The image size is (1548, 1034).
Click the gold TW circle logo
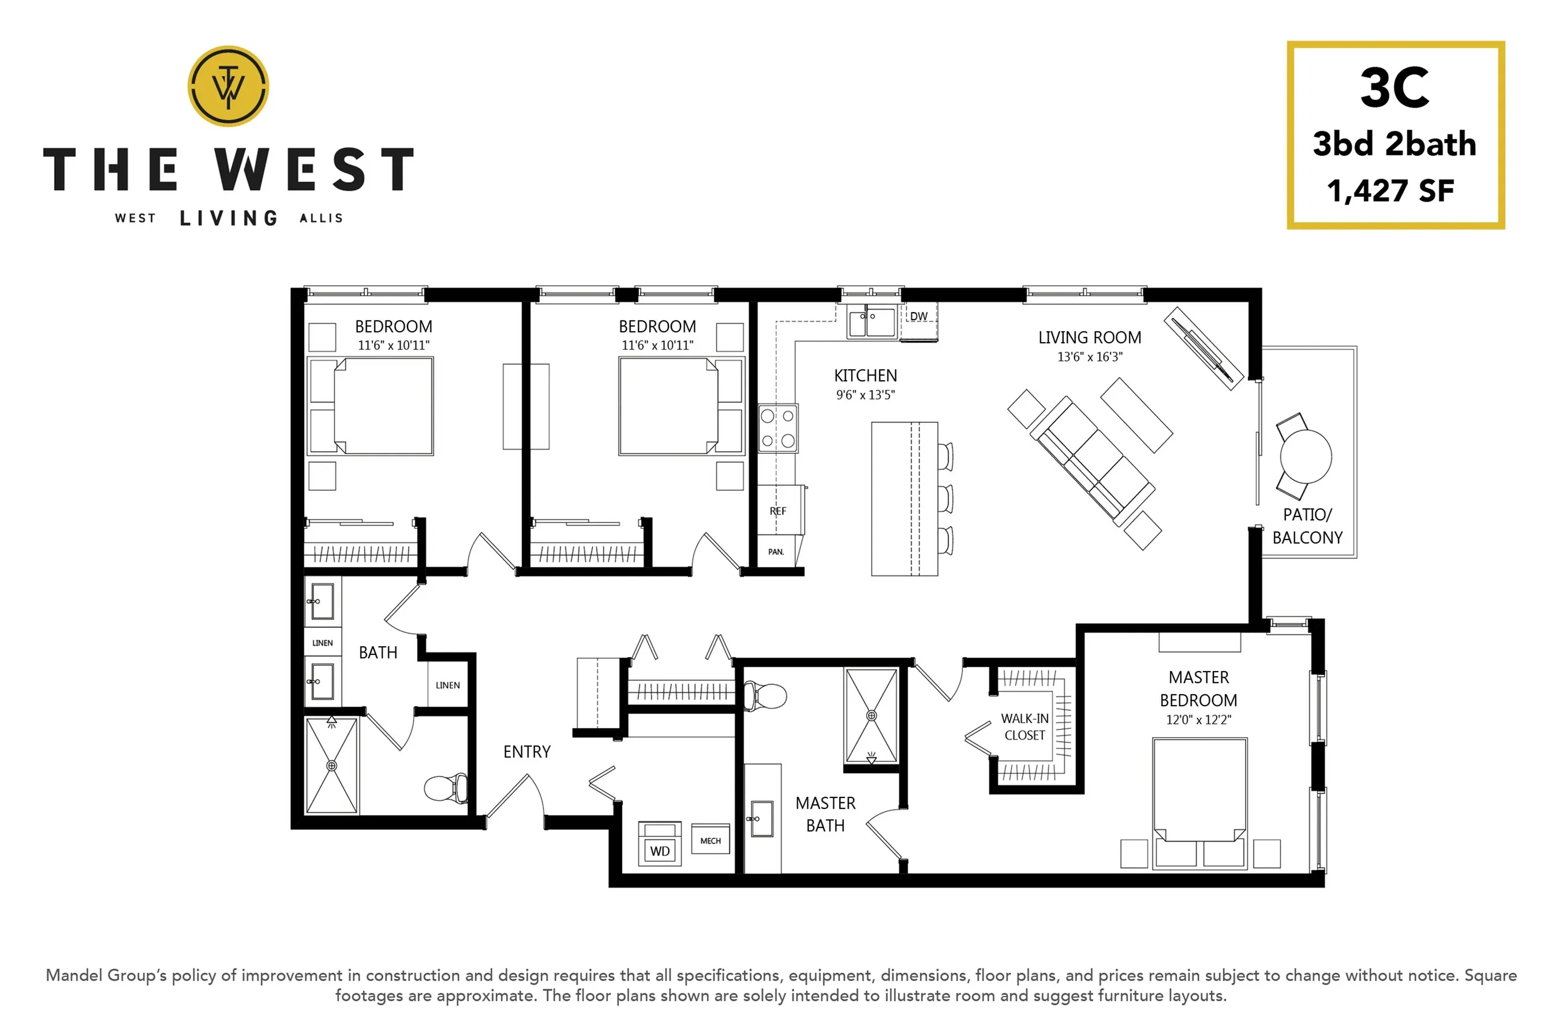pos(228,86)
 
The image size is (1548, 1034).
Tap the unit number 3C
pos(1394,88)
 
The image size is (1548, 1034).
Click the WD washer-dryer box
pos(660,844)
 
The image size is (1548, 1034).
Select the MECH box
pos(711,839)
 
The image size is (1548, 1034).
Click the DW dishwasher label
pos(919,317)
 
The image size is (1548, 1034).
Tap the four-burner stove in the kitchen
pos(777,428)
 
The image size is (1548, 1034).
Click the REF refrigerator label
pos(777,511)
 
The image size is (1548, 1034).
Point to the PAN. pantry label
pos(776,552)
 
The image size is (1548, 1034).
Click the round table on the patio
pos(1306,456)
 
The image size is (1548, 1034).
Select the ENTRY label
pos(526,752)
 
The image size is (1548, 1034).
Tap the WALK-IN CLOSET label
pos(1024,726)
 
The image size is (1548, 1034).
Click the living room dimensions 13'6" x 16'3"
pos(1090,357)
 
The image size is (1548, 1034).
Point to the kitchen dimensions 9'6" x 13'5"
pos(865,395)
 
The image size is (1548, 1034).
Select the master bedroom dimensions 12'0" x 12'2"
pos(1198,720)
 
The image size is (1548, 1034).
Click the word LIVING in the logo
pos(229,218)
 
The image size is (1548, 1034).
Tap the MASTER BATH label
pos(825,814)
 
